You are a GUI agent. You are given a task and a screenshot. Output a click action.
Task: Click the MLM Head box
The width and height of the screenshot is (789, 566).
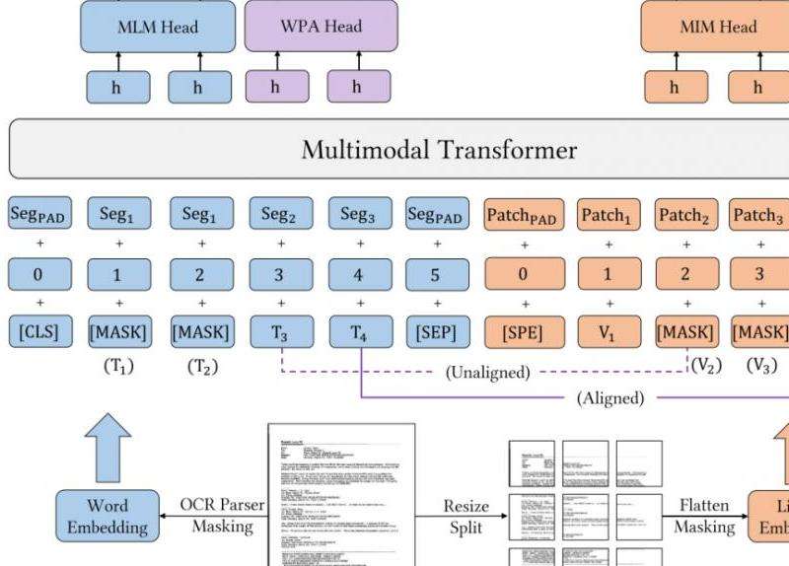(158, 27)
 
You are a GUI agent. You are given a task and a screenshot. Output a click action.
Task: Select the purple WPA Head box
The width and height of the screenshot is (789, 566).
(321, 27)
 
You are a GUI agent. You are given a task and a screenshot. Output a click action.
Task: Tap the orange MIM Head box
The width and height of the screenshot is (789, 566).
(718, 27)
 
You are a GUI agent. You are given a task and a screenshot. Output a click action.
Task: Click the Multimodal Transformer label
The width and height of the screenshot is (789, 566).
(439, 150)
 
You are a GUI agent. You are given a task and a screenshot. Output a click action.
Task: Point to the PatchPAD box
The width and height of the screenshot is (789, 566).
(523, 214)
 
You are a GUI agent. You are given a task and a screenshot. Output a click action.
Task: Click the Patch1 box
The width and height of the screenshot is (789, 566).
(608, 214)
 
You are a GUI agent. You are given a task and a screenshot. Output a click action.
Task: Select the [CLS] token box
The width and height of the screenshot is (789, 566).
(38, 332)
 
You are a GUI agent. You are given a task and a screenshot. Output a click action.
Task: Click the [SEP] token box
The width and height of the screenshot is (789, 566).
(435, 332)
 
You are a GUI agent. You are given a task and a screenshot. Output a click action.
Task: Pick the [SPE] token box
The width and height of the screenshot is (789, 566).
(523, 332)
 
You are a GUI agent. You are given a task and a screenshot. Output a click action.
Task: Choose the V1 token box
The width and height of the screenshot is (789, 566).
(608, 332)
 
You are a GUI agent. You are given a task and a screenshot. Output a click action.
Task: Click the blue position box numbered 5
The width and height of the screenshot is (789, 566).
(435, 274)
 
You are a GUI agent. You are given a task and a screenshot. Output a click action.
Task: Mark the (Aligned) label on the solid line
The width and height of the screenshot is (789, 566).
(610, 398)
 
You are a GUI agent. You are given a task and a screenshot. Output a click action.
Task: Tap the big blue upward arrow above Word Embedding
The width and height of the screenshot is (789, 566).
(102, 444)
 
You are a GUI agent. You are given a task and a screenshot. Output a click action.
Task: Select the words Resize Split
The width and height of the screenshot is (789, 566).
(465, 516)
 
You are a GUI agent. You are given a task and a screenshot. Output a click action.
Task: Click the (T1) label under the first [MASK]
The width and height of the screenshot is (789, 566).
(118, 366)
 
